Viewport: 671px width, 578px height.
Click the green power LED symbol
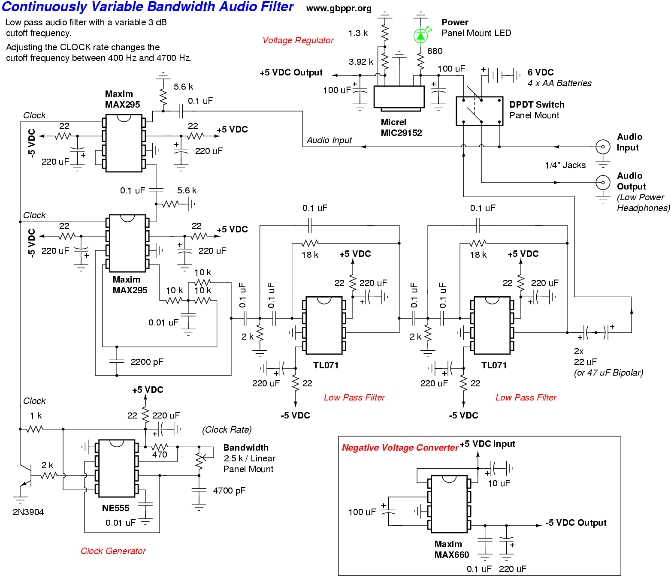(x=421, y=35)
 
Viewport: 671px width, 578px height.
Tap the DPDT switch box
(x=480, y=111)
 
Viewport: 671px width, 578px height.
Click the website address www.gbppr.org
(x=339, y=9)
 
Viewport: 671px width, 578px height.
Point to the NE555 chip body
(x=117, y=468)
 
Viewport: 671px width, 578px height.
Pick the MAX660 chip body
(x=449, y=504)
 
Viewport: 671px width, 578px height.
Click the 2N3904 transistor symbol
(x=27, y=476)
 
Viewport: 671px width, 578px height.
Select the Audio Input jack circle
(x=603, y=147)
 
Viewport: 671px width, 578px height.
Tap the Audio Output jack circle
(x=603, y=182)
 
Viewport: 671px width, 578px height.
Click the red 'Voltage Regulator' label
(x=298, y=40)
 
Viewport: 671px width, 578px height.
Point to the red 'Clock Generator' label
(x=113, y=551)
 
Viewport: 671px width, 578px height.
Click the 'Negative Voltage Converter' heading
(x=400, y=448)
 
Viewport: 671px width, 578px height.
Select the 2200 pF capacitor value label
(x=147, y=362)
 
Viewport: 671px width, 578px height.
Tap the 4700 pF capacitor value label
(x=229, y=491)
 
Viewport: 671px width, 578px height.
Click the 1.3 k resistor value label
(x=358, y=33)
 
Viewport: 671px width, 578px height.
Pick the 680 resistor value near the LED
(x=435, y=51)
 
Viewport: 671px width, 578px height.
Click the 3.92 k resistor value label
(x=361, y=62)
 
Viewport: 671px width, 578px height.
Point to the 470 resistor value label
(x=160, y=455)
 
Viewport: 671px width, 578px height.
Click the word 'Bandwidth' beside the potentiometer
(x=246, y=448)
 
